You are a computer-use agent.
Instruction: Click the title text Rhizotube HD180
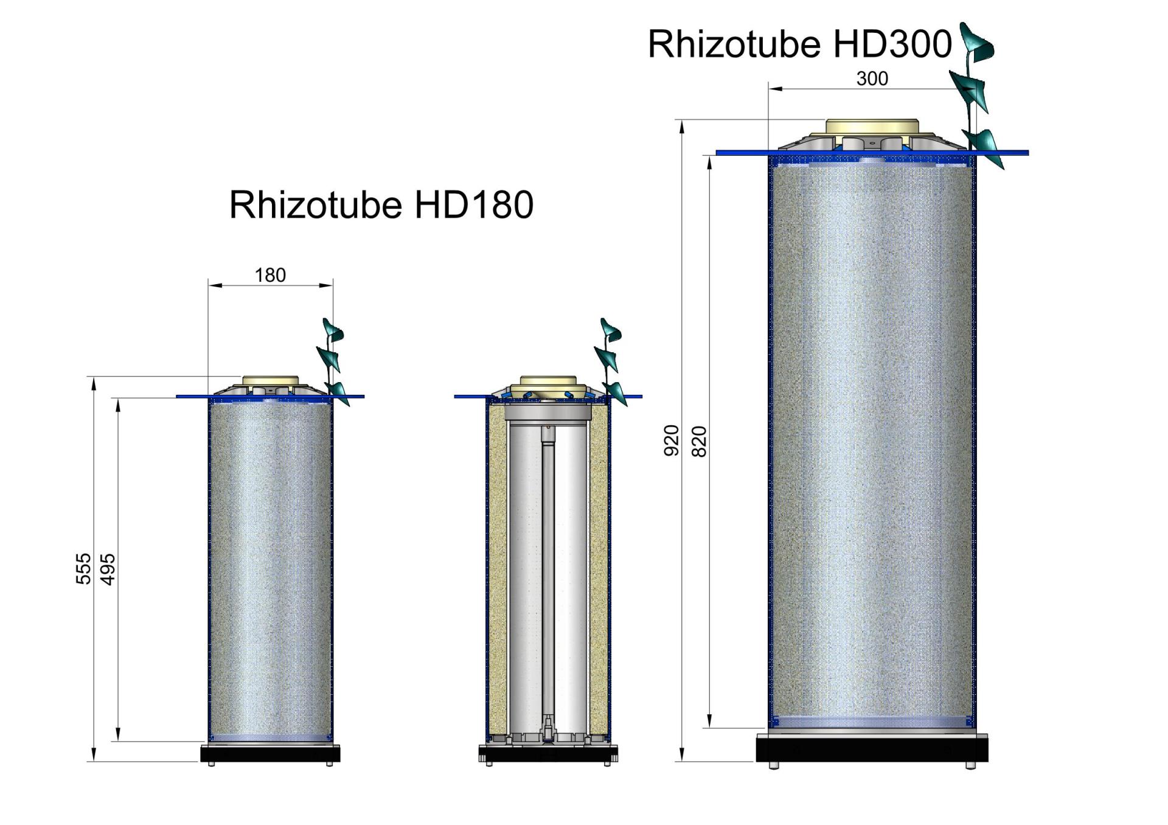pyautogui.click(x=381, y=204)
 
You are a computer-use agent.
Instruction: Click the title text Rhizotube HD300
pyautogui.click(x=799, y=44)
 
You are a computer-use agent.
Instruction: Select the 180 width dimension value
pyautogui.click(x=270, y=276)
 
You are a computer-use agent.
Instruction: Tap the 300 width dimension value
pyautogui.click(x=872, y=79)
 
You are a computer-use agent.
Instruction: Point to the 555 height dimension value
pyautogui.click(x=83, y=568)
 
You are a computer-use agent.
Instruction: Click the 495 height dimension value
pyautogui.click(x=108, y=568)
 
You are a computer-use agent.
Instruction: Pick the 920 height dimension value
pyautogui.click(x=671, y=440)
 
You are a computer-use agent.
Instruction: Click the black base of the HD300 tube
pyautogui.click(x=871, y=749)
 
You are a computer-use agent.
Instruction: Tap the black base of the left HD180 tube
pyautogui.click(x=270, y=754)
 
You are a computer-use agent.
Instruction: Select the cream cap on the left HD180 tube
pyautogui.click(x=271, y=382)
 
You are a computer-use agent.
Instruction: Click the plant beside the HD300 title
pyautogui.click(x=976, y=91)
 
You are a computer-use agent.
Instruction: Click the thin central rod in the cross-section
pyautogui.click(x=548, y=578)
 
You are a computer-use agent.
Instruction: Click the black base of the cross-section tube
pyautogui.click(x=547, y=754)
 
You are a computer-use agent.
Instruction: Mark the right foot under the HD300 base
pyautogui.click(x=970, y=765)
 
